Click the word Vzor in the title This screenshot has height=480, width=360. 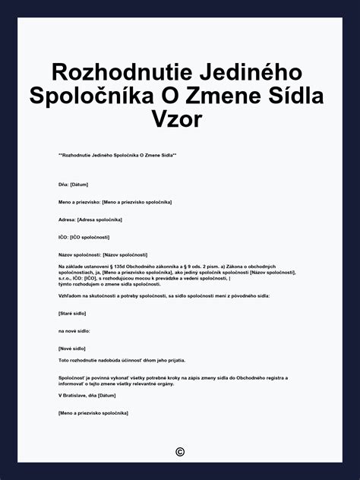click(x=180, y=119)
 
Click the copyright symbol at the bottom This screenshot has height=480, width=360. click(x=180, y=452)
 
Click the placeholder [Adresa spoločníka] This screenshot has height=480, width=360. click(x=99, y=219)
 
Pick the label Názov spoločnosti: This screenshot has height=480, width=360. click(x=79, y=254)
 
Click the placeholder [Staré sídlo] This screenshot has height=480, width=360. click(x=72, y=313)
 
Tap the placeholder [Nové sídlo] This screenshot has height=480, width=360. click(x=72, y=348)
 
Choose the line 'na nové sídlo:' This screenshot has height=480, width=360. click(x=75, y=330)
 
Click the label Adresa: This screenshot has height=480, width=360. click(x=67, y=219)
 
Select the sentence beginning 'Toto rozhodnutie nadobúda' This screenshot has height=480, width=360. click(x=122, y=360)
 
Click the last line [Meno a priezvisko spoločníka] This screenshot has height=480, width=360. click(x=93, y=412)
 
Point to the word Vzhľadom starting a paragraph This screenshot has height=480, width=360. click(x=71, y=295)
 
